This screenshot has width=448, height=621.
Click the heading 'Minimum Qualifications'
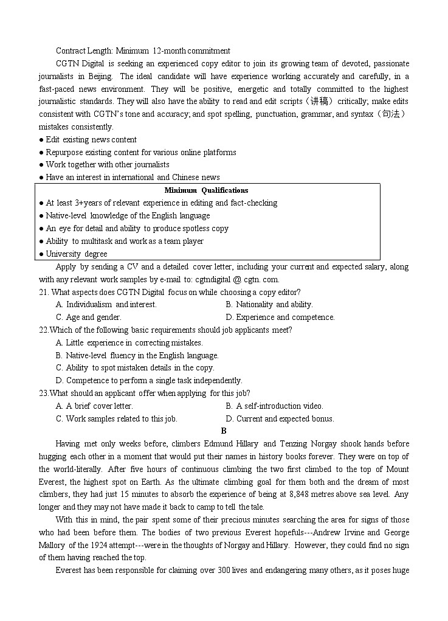click(x=206, y=190)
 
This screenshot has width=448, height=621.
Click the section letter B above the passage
click(x=224, y=431)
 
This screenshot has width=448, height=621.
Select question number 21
click(x=43, y=292)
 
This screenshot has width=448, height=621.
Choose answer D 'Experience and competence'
click(x=280, y=317)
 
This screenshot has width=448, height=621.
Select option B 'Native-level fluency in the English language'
click(x=137, y=355)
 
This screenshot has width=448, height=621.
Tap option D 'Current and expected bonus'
click(x=280, y=418)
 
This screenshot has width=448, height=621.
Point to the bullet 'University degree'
click(x=76, y=254)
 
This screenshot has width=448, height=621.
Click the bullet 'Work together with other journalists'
click(x=108, y=164)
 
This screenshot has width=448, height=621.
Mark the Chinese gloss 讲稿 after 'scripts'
click(x=318, y=102)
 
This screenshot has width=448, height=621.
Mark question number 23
click(x=43, y=393)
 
